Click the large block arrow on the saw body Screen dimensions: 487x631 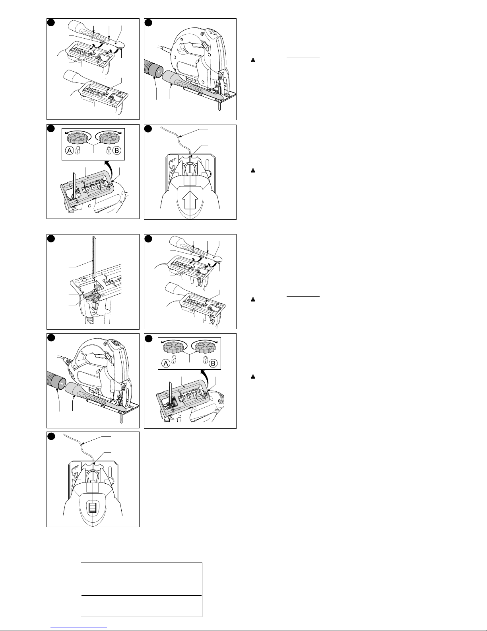coord(190,200)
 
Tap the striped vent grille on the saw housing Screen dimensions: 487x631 coord(93,508)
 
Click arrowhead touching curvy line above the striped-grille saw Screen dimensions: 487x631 coord(85,444)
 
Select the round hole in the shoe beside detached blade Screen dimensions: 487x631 coord(84,279)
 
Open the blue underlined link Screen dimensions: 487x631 coord(79,627)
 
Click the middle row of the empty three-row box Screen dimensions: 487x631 coord(142,588)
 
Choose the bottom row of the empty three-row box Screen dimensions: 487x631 coord(142,606)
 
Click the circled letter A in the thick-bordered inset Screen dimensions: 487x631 coord(69,150)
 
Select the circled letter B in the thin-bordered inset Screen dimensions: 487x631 coord(213,363)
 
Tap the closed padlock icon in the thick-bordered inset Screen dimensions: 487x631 coord(109,150)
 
